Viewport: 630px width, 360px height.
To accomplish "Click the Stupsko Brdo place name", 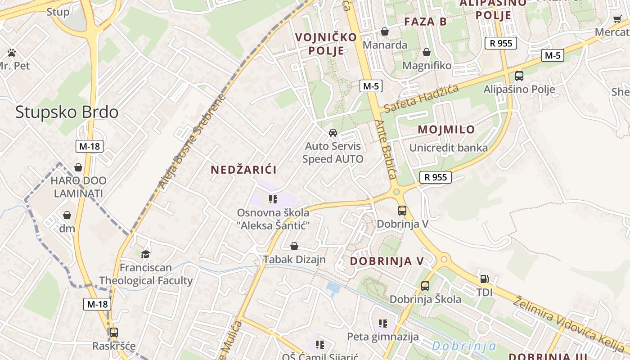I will (x=67, y=112).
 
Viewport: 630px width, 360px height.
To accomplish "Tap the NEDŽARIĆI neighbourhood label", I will (x=243, y=170).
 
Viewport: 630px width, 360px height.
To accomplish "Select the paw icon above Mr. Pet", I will (x=12, y=53).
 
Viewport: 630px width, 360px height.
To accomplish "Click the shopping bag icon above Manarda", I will (x=385, y=31).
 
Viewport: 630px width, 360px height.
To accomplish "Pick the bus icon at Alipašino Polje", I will (x=519, y=76).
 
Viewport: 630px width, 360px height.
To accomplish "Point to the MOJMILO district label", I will (x=446, y=130).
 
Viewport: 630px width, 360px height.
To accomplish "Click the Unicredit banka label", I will (x=448, y=148).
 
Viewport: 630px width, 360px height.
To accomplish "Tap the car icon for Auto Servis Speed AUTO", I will (x=333, y=133).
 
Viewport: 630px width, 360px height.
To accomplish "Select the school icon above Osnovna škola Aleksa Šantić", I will (x=273, y=199).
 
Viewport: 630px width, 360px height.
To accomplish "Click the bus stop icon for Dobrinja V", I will (x=402, y=210).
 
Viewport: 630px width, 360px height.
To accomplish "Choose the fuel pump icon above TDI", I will (x=484, y=279).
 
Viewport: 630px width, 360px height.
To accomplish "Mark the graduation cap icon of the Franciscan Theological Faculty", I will (x=145, y=254).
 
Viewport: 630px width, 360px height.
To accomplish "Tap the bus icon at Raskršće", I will (x=114, y=333).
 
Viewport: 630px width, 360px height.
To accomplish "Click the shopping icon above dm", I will (x=67, y=215).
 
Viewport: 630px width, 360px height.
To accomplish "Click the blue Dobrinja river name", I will (x=464, y=346).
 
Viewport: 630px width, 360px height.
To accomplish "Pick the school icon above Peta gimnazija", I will (x=383, y=323).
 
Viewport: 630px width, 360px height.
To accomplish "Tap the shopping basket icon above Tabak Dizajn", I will (x=294, y=246).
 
